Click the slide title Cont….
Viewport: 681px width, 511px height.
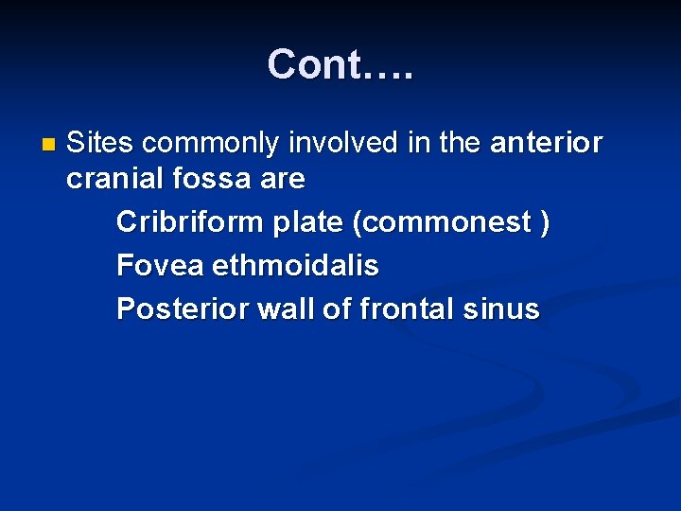pos(340,64)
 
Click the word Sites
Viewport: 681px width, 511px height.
pos(101,143)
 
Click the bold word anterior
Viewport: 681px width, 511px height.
pos(546,143)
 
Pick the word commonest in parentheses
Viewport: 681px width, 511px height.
pos(440,222)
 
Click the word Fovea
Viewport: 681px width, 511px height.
pos(160,266)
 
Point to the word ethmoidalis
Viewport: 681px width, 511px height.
pos(295,266)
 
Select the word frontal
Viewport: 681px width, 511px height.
pos(404,308)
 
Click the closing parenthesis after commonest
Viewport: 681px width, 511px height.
pos(544,222)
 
